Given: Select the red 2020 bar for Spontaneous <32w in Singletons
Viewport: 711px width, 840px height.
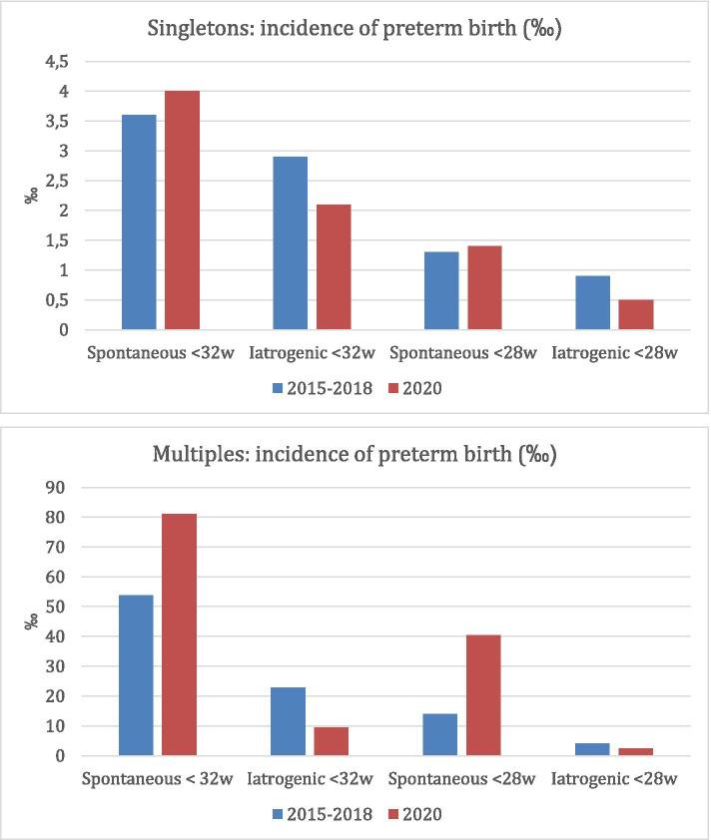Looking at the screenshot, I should [182, 210].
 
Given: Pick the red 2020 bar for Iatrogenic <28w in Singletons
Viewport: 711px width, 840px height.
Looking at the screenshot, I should [637, 314].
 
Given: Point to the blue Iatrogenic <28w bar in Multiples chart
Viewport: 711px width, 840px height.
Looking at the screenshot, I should [591, 749].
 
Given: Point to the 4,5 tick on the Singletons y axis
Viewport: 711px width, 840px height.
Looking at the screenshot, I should [61, 62].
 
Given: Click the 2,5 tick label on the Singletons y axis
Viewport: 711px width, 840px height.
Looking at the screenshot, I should [61, 181].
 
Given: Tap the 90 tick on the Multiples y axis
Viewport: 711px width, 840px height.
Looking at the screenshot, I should [61, 488].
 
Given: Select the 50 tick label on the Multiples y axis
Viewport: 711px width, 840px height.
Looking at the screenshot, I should [61, 607].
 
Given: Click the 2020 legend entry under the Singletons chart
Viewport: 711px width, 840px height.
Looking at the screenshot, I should [421, 388].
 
